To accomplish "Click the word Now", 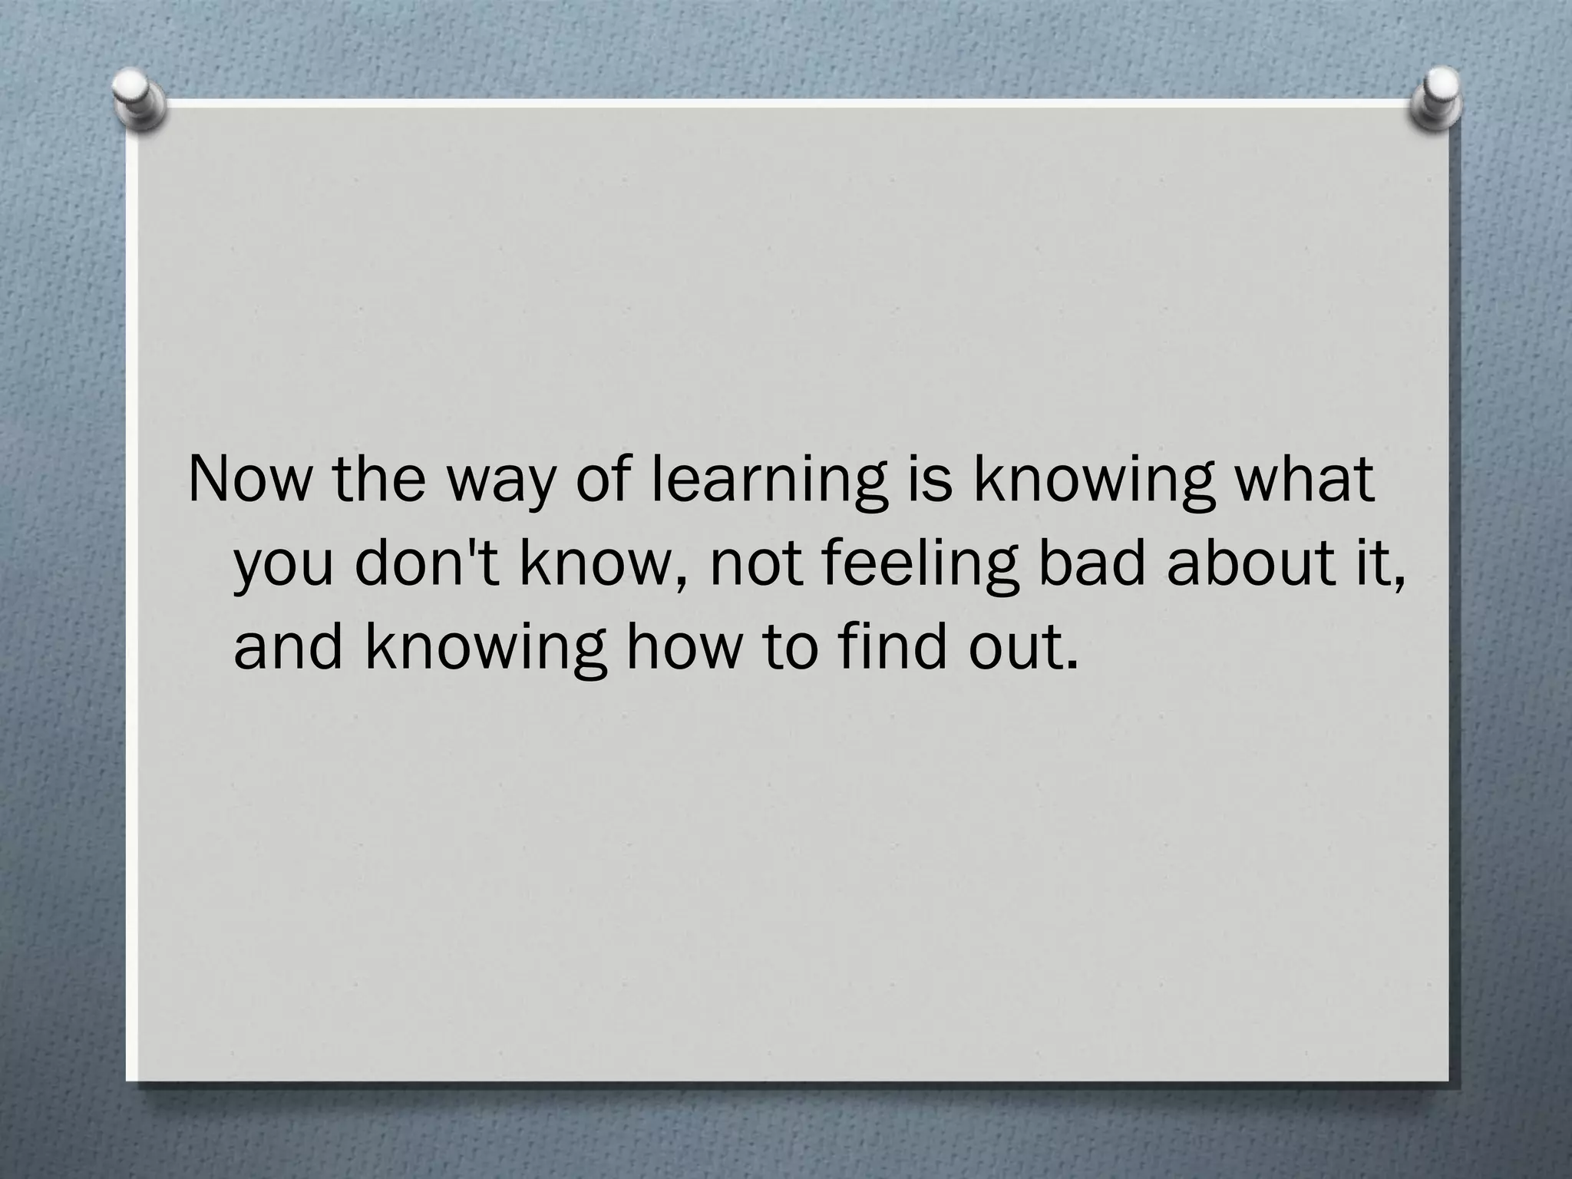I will click(x=252, y=479).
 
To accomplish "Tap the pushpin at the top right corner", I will click(x=1436, y=99).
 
